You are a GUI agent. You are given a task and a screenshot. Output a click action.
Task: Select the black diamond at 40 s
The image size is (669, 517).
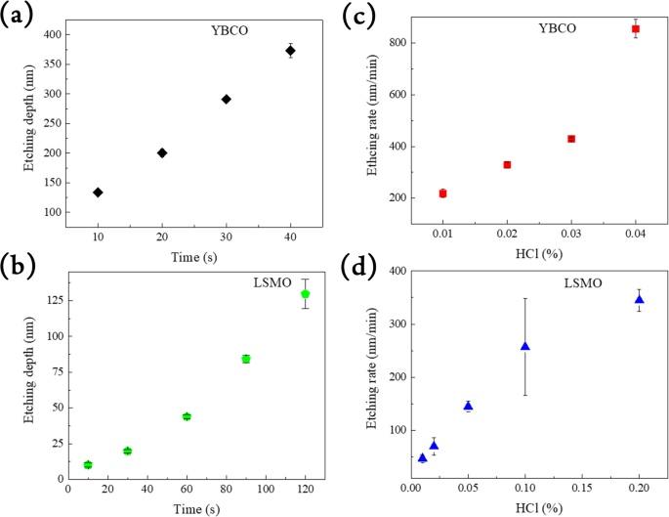pyautogui.click(x=290, y=51)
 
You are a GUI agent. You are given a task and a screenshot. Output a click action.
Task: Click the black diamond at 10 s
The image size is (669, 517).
pyautogui.click(x=98, y=193)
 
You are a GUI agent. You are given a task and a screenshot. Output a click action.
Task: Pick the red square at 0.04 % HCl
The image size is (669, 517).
pyautogui.click(x=636, y=28)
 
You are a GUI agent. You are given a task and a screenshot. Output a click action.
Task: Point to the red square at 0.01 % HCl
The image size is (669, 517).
pyautogui.click(x=442, y=194)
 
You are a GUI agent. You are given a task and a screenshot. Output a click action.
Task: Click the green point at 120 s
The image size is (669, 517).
pyautogui.click(x=306, y=294)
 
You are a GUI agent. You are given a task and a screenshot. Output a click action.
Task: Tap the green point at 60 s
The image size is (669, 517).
pyautogui.click(x=187, y=416)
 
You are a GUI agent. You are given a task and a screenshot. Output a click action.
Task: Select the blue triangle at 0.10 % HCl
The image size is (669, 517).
pyautogui.click(x=525, y=346)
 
